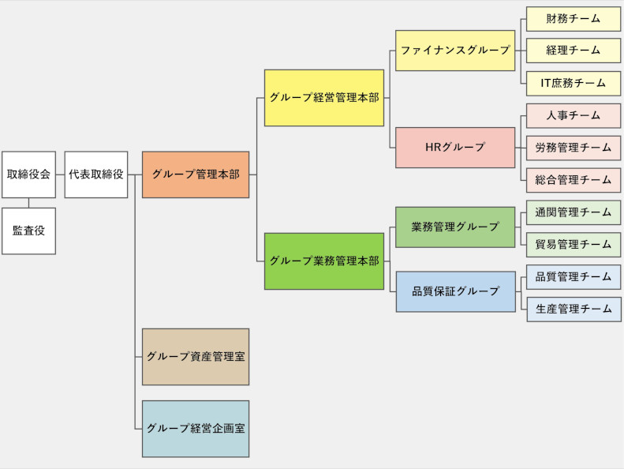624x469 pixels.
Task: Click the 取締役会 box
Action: point(28,174)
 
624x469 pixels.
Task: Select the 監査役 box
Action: point(28,231)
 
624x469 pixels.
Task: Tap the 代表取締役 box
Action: point(95,174)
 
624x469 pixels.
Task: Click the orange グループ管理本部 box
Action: point(196,174)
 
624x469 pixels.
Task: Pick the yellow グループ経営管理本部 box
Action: point(324,98)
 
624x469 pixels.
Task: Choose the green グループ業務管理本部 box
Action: point(324,261)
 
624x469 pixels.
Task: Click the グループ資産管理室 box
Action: point(196,357)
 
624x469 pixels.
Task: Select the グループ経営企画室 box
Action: point(196,429)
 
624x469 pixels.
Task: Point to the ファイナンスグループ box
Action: point(455,51)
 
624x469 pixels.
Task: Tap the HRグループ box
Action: point(455,148)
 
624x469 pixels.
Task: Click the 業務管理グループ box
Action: point(455,227)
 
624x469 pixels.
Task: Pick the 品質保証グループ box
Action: point(455,291)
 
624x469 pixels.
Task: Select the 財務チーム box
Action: point(574,18)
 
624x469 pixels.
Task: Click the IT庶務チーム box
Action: point(574,83)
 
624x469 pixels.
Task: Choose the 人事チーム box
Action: point(574,115)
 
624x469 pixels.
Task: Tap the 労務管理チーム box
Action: point(574,148)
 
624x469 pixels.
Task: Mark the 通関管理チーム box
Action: point(574,212)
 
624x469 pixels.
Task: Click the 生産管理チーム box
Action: point(574,309)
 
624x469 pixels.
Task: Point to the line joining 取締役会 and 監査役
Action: point(28,203)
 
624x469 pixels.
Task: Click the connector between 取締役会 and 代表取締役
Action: point(60,174)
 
